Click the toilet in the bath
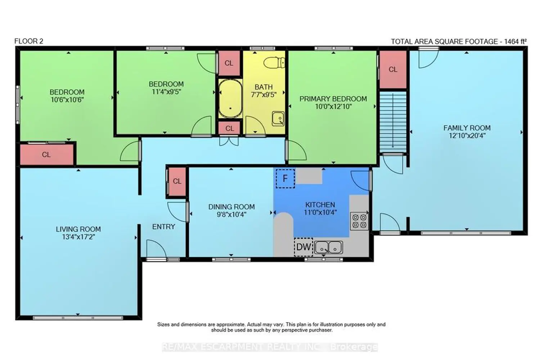[274, 63]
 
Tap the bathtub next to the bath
[230, 98]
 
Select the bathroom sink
[278, 119]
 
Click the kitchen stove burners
[359, 221]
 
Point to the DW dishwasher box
[303, 247]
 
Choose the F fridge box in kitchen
[285, 179]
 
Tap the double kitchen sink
[328, 247]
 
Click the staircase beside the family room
[393, 122]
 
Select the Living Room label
[78, 229]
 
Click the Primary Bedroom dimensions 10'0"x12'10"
[333, 107]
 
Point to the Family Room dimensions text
[467, 135]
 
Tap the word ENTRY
[164, 227]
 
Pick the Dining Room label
[231, 207]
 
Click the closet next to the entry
[177, 181]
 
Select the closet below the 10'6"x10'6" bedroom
[46, 154]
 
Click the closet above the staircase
[393, 69]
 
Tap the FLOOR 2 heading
[29, 41]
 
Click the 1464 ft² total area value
[516, 41]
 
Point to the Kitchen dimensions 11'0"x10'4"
[320, 212]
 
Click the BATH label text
[264, 87]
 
